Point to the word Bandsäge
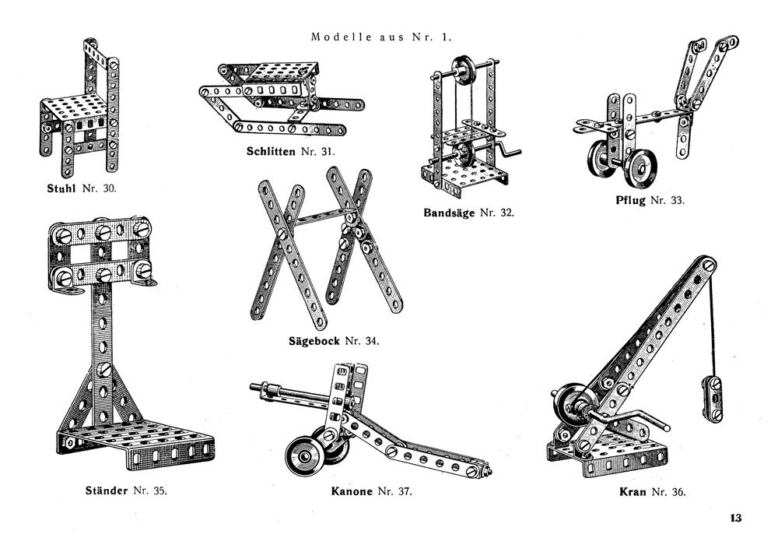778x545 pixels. (x=450, y=213)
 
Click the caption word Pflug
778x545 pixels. (x=629, y=200)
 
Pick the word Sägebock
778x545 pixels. (x=314, y=341)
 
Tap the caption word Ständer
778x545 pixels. (x=106, y=490)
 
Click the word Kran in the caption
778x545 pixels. (x=634, y=492)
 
